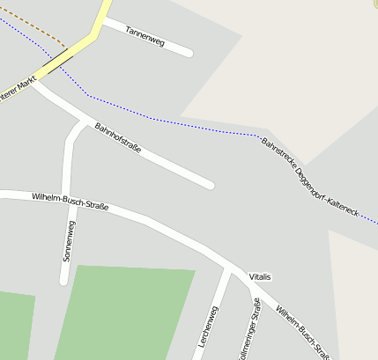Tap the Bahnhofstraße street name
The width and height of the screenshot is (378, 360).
118,137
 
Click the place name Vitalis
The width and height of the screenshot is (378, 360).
260,277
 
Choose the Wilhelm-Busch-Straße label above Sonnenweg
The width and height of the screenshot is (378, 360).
70,202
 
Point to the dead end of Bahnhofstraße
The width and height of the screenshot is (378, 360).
210,185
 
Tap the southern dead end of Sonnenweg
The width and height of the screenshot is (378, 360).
63,281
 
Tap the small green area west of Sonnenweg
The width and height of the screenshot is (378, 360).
15,326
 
